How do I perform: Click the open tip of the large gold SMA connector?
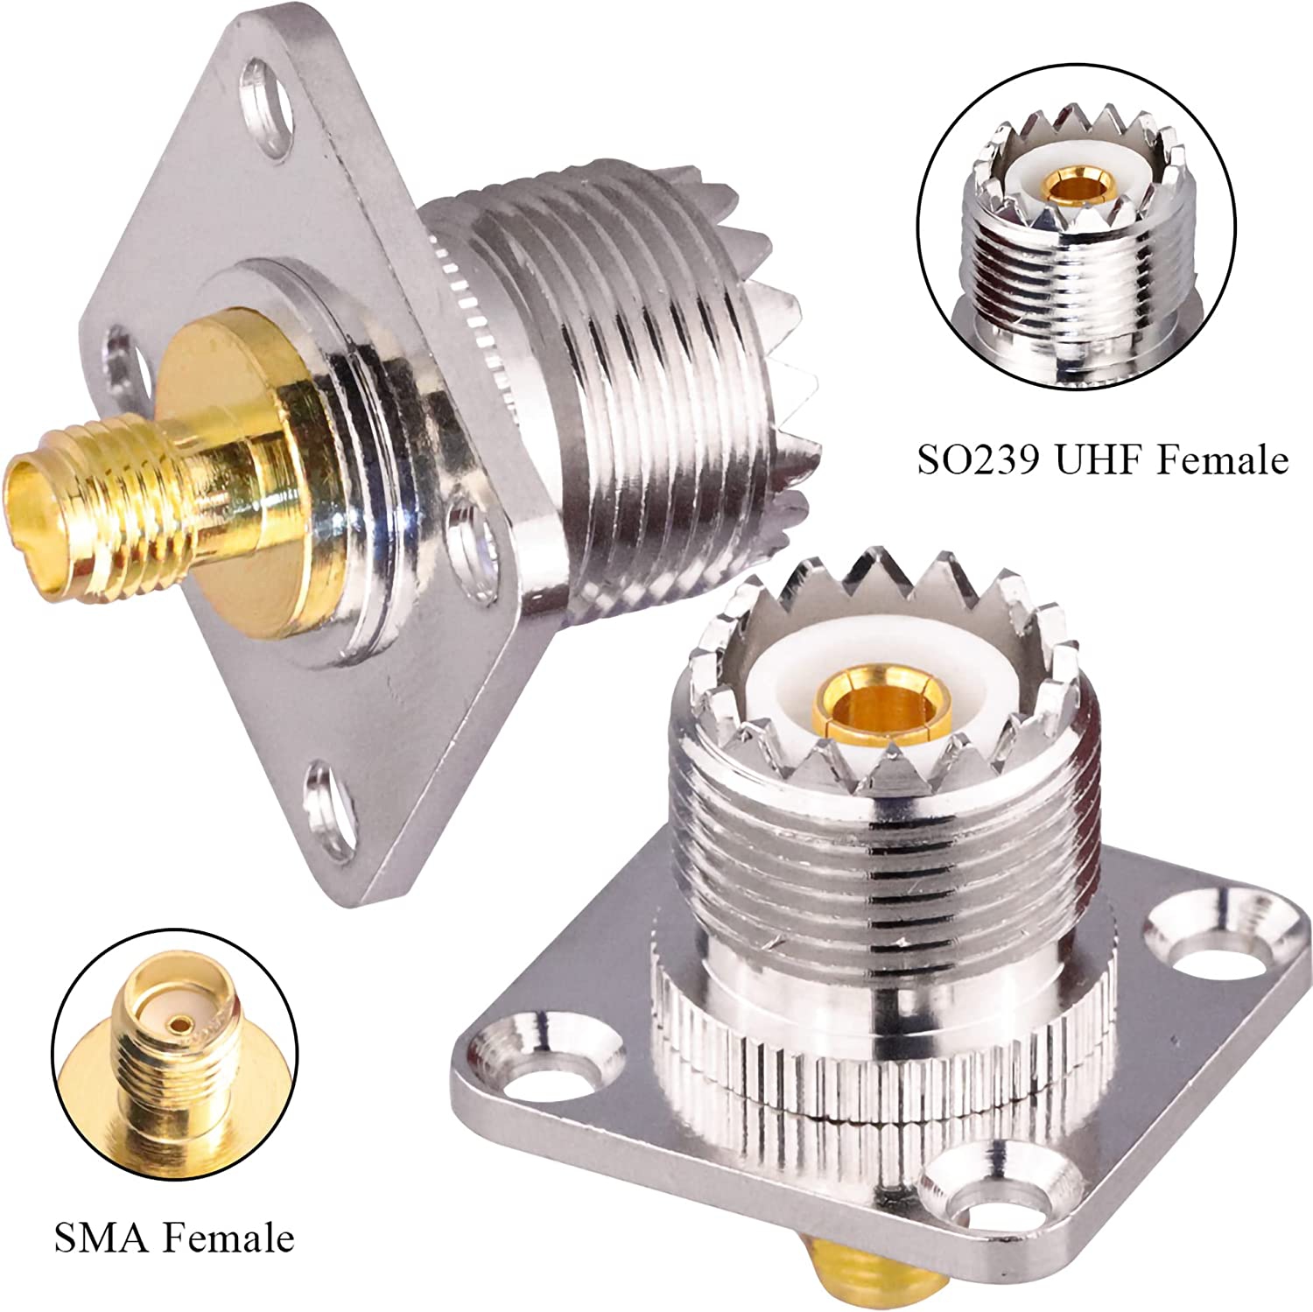tap(35, 508)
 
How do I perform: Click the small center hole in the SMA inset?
tap(181, 1022)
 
